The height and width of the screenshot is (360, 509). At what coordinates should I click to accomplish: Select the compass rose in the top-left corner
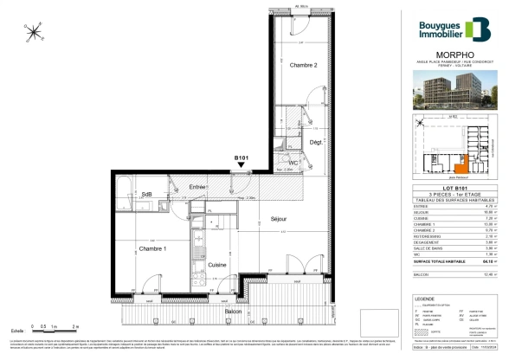tap(34, 34)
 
